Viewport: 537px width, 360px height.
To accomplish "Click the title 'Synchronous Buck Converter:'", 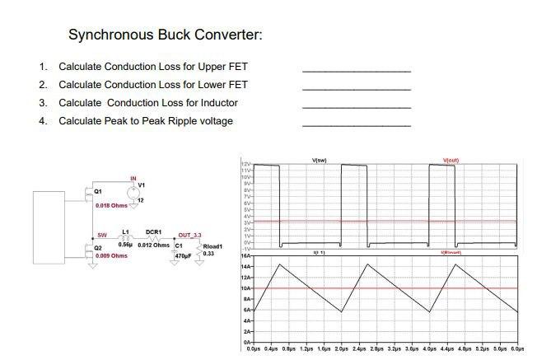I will click(x=165, y=35).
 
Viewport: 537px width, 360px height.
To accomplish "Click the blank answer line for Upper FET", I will click(x=356, y=71).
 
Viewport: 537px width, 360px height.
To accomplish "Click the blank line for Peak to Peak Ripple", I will click(x=356, y=125).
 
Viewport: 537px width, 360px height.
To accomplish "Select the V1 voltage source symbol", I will click(x=133, y=189).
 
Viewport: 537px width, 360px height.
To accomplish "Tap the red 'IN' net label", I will click(x=133, y=178).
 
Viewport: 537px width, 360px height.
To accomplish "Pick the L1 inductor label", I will click(x=126, y=233).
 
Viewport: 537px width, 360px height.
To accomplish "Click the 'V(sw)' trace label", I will click(x=320, y=159).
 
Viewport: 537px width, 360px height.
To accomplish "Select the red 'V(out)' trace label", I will click(x=452, y=159).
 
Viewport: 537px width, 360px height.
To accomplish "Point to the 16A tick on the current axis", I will click(x=245, y=256).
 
